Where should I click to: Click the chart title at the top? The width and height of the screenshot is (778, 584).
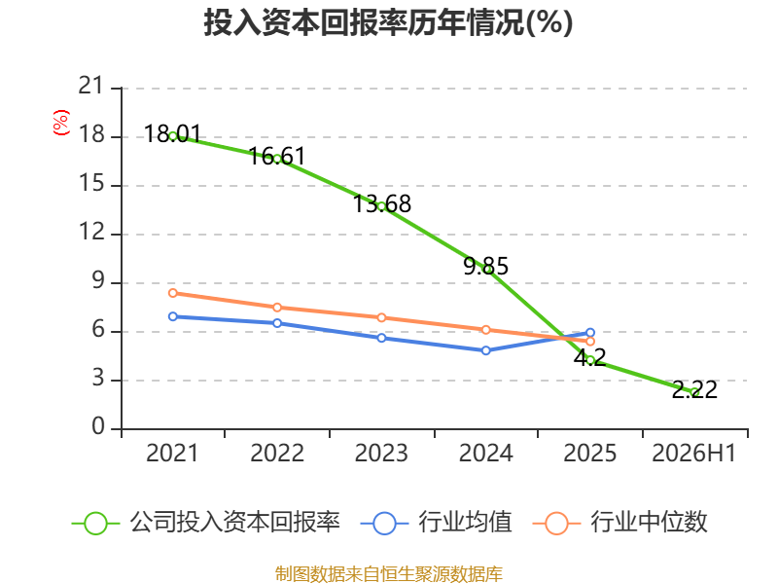pos(388,22)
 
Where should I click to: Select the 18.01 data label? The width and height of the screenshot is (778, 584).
pos(173,134)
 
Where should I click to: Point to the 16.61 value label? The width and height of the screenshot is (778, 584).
pos(277,157)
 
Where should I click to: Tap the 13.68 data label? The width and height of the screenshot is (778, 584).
pos(381,204)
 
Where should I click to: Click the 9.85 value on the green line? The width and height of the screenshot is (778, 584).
pos(485,266)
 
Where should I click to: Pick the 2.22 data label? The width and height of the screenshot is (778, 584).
pos(694,390)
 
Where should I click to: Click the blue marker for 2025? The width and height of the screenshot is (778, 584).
pos(590,333)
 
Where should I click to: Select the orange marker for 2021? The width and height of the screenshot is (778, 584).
pos(173,293)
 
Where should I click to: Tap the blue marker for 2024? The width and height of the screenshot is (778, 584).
pos(485,350)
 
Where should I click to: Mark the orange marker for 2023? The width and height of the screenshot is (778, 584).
pos(381,318)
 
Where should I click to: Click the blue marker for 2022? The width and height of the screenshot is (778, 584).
pos(277,323)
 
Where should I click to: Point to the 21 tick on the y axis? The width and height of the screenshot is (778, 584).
pos(91,86)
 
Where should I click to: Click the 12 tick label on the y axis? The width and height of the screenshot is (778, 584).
pos(91,232)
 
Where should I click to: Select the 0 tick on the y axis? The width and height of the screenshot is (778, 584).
pos(98,426)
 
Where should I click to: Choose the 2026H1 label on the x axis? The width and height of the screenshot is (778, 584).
pos(693,454)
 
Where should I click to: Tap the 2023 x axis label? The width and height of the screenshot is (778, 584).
pos(381,454)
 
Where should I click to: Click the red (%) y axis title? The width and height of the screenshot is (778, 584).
pos(61,123)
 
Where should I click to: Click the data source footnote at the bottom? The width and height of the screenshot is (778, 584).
pos(389,573)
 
